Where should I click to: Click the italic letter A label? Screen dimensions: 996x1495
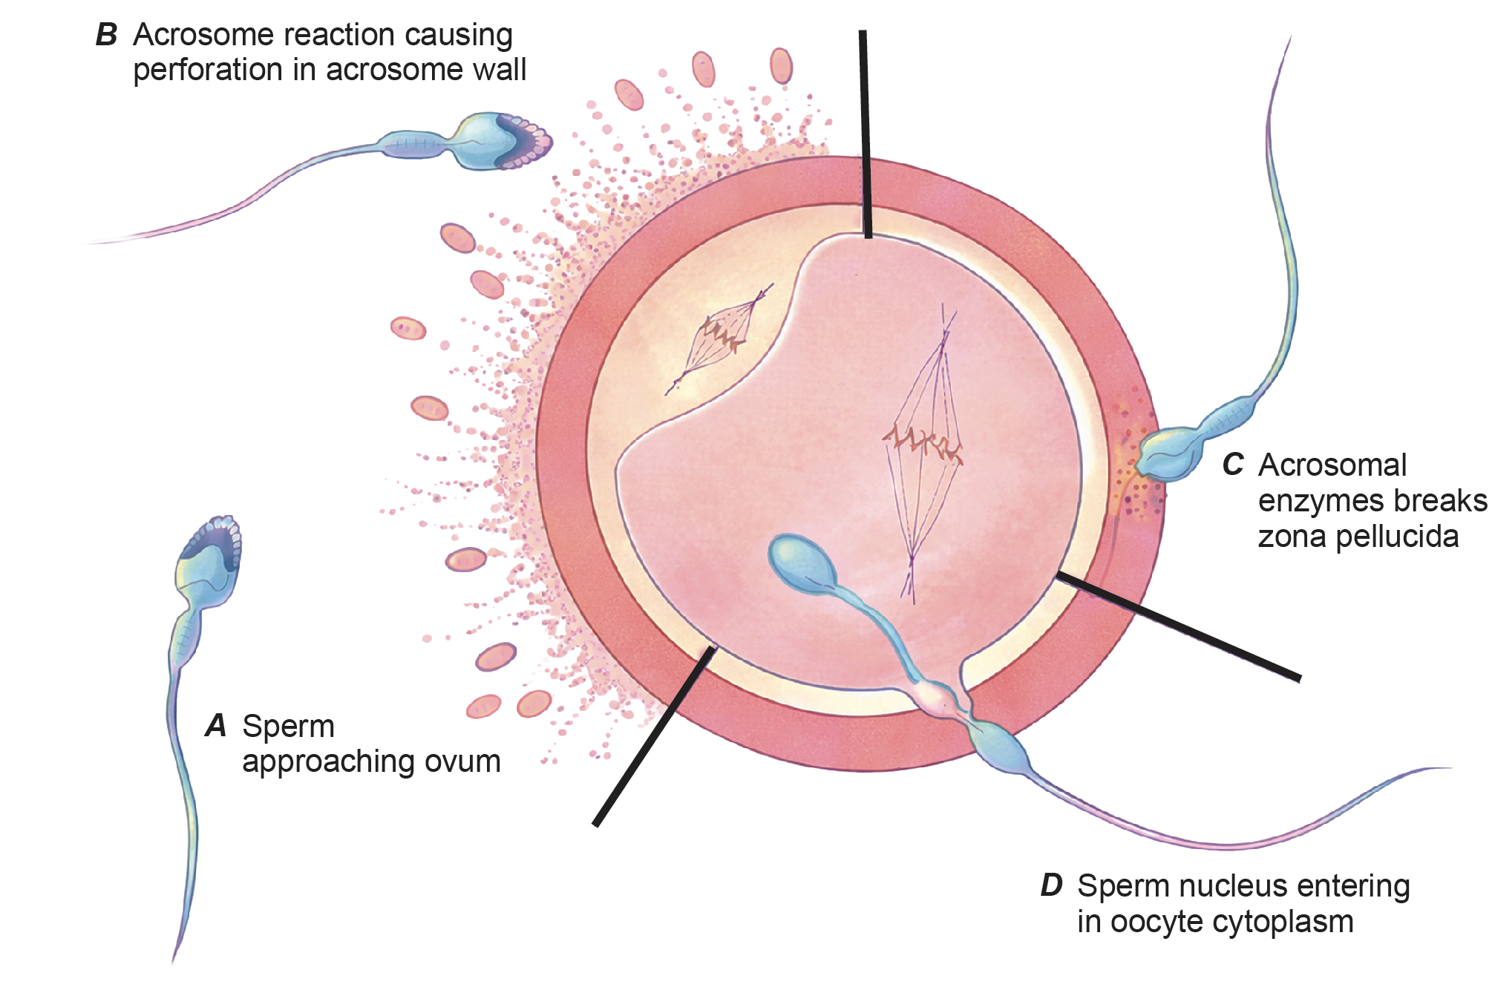215,726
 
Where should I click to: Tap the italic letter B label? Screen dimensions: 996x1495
106,35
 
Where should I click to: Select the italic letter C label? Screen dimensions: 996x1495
1232,465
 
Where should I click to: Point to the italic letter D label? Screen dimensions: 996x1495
1051,885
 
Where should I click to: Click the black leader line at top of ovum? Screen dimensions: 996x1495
865,134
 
